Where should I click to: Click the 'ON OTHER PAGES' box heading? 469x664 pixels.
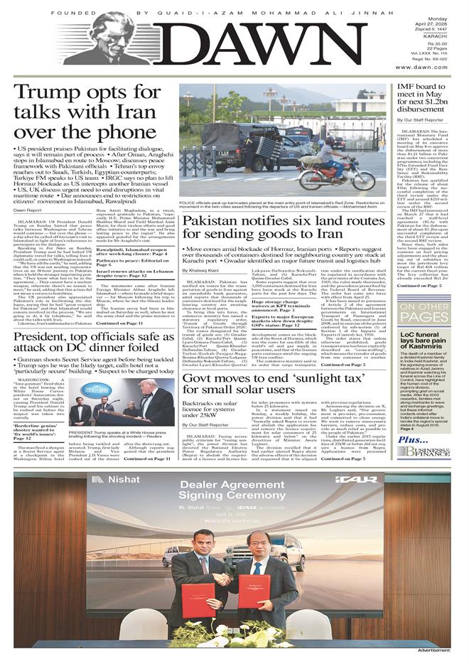coord(424,311)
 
